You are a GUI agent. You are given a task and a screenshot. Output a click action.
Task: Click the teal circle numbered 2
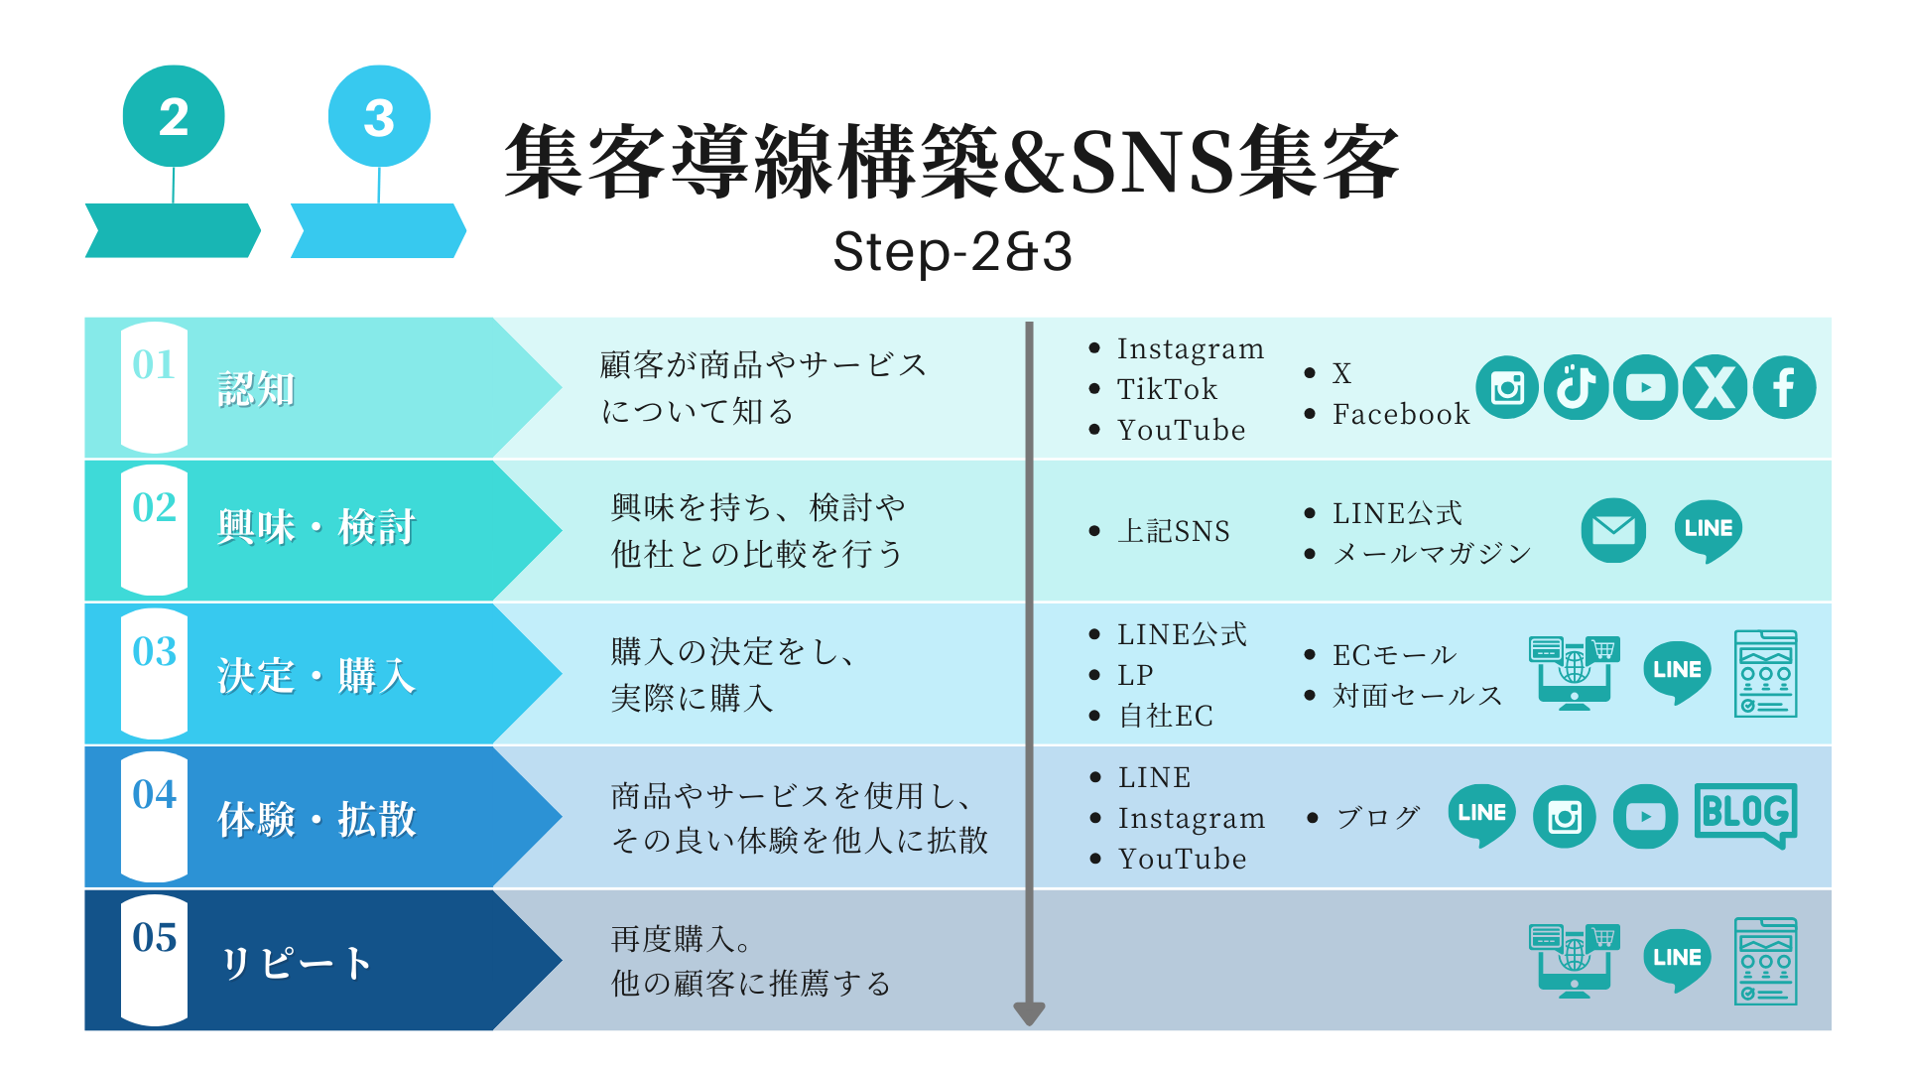(x=174, y=116)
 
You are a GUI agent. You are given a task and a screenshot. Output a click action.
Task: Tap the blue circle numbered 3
(x=379, y=116)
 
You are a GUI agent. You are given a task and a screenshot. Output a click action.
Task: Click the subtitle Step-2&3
(x=952, y=251)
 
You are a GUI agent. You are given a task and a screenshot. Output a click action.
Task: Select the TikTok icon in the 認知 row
(x=1576, y=387)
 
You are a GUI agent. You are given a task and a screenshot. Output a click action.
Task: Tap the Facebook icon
(x=1784, y=387)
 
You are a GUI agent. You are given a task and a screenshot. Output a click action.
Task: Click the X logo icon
(x=1714, y=387)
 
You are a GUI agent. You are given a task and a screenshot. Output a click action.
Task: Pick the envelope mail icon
(x=1613, y=530)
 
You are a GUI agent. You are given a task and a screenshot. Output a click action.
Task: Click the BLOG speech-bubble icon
(x=1746, y=816)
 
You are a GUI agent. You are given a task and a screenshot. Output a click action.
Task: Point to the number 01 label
(x=154, y=365)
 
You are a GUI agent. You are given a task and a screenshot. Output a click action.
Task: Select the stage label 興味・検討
(x=317, y=527)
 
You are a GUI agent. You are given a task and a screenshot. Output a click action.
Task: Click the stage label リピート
(x=295, y=963)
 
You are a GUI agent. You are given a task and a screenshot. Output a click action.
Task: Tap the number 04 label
(x=154, y=794)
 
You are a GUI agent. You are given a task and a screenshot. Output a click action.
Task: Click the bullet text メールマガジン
(x=1432, y=554)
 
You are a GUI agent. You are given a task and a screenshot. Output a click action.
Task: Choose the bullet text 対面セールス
(x=1417, y=695)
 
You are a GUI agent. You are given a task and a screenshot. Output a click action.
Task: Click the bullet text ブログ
(x=1378, y=817)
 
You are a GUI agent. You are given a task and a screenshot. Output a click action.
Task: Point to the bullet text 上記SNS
(x=1174, y=531)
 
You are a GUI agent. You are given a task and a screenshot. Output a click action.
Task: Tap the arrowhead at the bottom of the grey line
(x=1029, y=1013)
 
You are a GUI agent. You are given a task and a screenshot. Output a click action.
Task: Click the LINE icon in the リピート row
(x=1677, y=960)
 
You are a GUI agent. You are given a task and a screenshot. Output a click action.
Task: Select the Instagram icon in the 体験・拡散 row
(x=1565, y=817)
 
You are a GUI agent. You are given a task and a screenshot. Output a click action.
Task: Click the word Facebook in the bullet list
(x=1401, y=414)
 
